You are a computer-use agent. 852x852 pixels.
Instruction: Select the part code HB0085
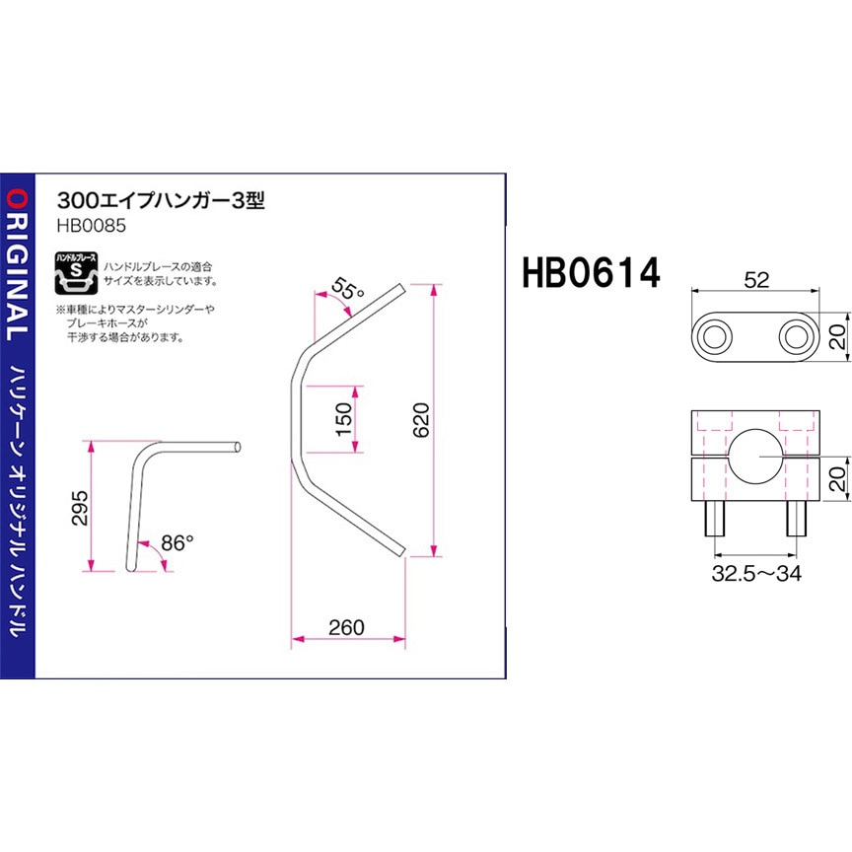(x=93, y=224)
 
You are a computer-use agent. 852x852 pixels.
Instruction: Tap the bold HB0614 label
(x=590, y=273)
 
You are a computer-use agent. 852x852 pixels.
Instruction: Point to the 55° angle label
(x=347, y=289)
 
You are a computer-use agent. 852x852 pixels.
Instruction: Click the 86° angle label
(x=177, y=542)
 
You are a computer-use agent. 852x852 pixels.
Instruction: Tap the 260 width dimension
(x=346, y=627)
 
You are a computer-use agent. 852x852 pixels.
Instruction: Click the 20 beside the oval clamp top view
(x=834, y=336)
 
